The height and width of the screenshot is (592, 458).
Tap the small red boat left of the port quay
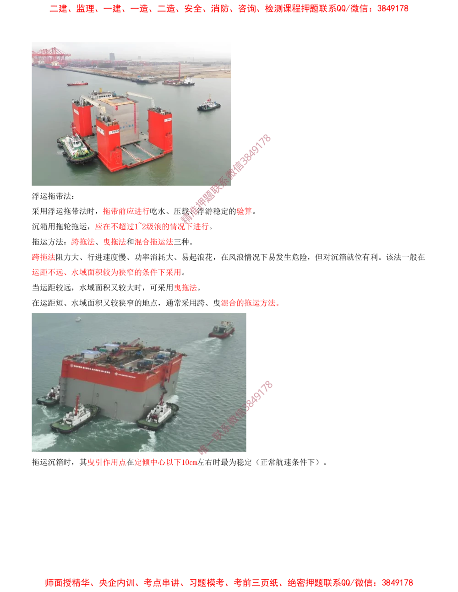77,84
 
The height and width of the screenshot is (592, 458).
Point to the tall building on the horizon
112,57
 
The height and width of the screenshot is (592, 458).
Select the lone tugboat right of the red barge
209,105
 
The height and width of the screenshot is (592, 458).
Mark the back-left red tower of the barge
82,118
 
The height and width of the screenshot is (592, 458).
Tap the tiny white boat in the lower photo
78,319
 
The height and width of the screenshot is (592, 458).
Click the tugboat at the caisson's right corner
158,415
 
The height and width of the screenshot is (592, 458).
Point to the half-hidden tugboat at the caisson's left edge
49,396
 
